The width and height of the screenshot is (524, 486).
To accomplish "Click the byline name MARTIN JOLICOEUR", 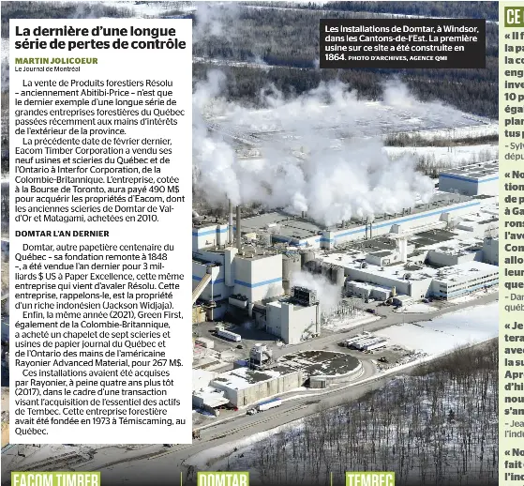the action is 56,60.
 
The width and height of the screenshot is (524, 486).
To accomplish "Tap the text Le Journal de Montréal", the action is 47,68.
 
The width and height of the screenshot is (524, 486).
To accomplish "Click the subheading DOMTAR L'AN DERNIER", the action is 62,233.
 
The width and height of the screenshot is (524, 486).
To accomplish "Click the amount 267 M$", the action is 165,363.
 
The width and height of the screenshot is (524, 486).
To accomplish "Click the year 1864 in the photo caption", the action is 335,57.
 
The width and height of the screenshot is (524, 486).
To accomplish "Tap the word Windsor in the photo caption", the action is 461,28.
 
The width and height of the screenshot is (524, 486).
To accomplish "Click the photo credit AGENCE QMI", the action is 427,58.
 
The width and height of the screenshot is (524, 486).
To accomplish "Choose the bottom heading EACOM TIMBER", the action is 56,478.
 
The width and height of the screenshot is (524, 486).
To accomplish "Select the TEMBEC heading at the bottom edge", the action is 370,478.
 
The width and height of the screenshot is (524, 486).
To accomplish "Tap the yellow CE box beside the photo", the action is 513,15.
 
